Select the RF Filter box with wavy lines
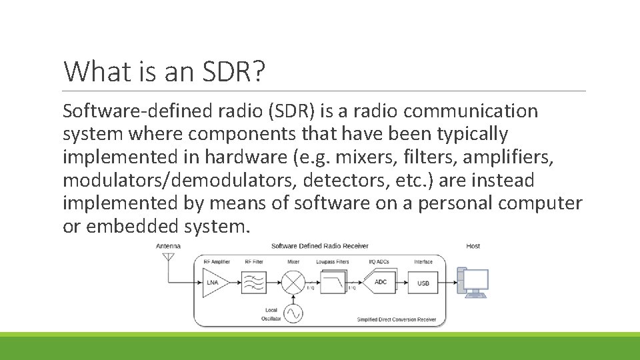click(254, 283)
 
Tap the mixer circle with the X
click(293, 283)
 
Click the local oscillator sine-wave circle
click(293, 312)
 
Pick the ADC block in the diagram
click(381, 283)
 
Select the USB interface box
click(423, 283)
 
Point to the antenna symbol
click(167, 262)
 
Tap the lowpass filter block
click(334, 283)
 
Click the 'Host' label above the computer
click(473, 246)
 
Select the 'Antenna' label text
click(168, 246)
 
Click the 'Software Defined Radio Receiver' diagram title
click(319, 246)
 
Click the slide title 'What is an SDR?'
click(164, 71)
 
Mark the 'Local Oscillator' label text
click(271, 314)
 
